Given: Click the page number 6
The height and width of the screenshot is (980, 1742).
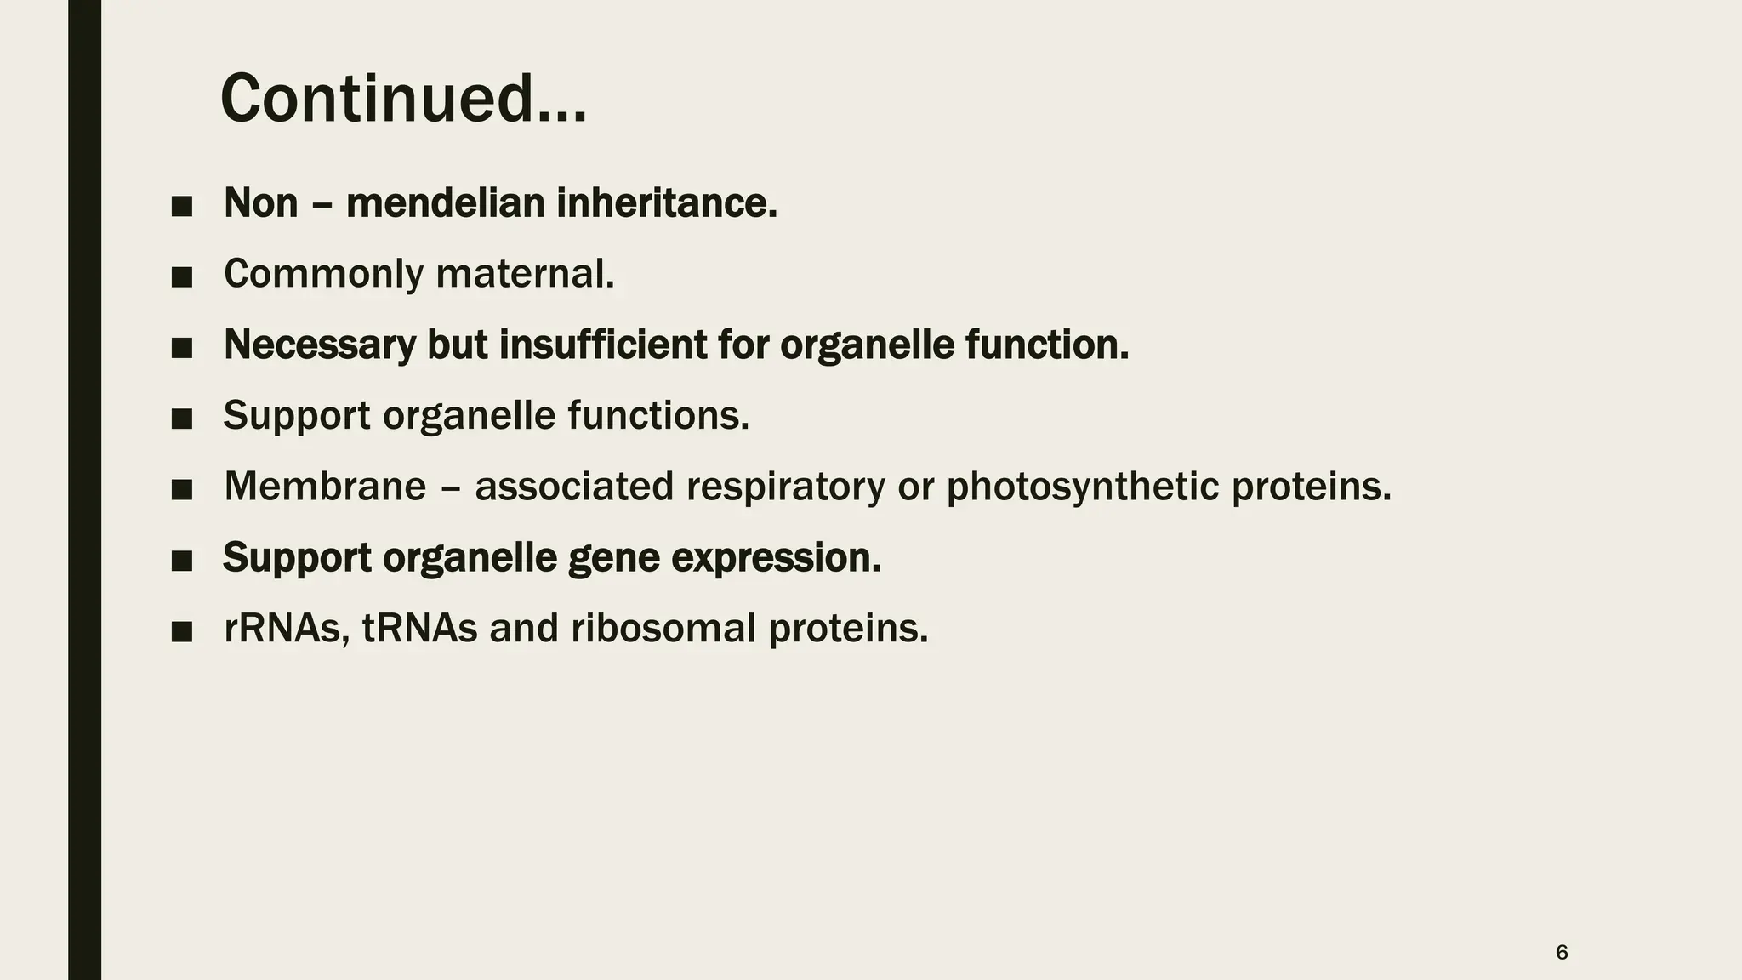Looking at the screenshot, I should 1561,952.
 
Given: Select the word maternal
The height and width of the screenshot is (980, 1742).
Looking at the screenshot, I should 525,274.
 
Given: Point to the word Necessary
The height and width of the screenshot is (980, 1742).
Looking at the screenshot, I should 319,345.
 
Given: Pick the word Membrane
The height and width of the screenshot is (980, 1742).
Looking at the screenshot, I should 324,487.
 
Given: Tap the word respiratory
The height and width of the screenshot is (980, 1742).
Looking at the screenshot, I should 785,487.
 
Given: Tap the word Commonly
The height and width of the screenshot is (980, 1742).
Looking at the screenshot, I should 323,274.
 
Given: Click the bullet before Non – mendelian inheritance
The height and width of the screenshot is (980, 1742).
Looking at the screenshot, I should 181,206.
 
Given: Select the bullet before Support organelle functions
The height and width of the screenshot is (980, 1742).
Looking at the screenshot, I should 181,419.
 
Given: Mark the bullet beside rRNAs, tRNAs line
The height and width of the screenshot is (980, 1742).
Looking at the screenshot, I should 181,631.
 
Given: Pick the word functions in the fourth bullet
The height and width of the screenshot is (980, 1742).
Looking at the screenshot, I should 658,416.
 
